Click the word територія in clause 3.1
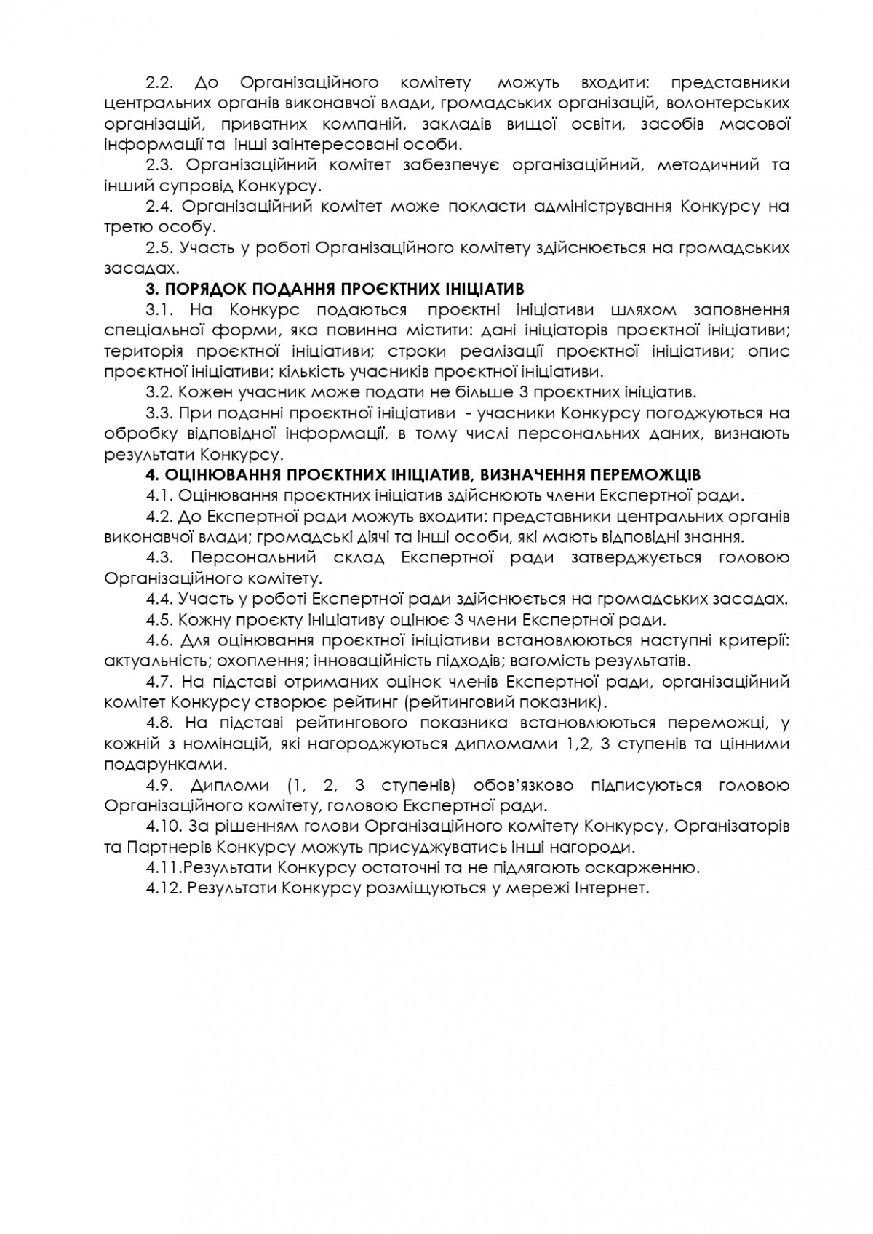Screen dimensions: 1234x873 tap(145, 351)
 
